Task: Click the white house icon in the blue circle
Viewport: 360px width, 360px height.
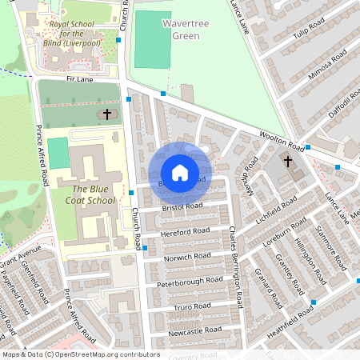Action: (179, 172)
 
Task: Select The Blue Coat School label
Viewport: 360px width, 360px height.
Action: (90, 194)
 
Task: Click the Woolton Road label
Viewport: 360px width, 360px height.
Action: (279, 141)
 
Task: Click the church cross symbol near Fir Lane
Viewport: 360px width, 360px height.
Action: (106, 115)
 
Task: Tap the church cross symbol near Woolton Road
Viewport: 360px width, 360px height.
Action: (288, 162)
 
